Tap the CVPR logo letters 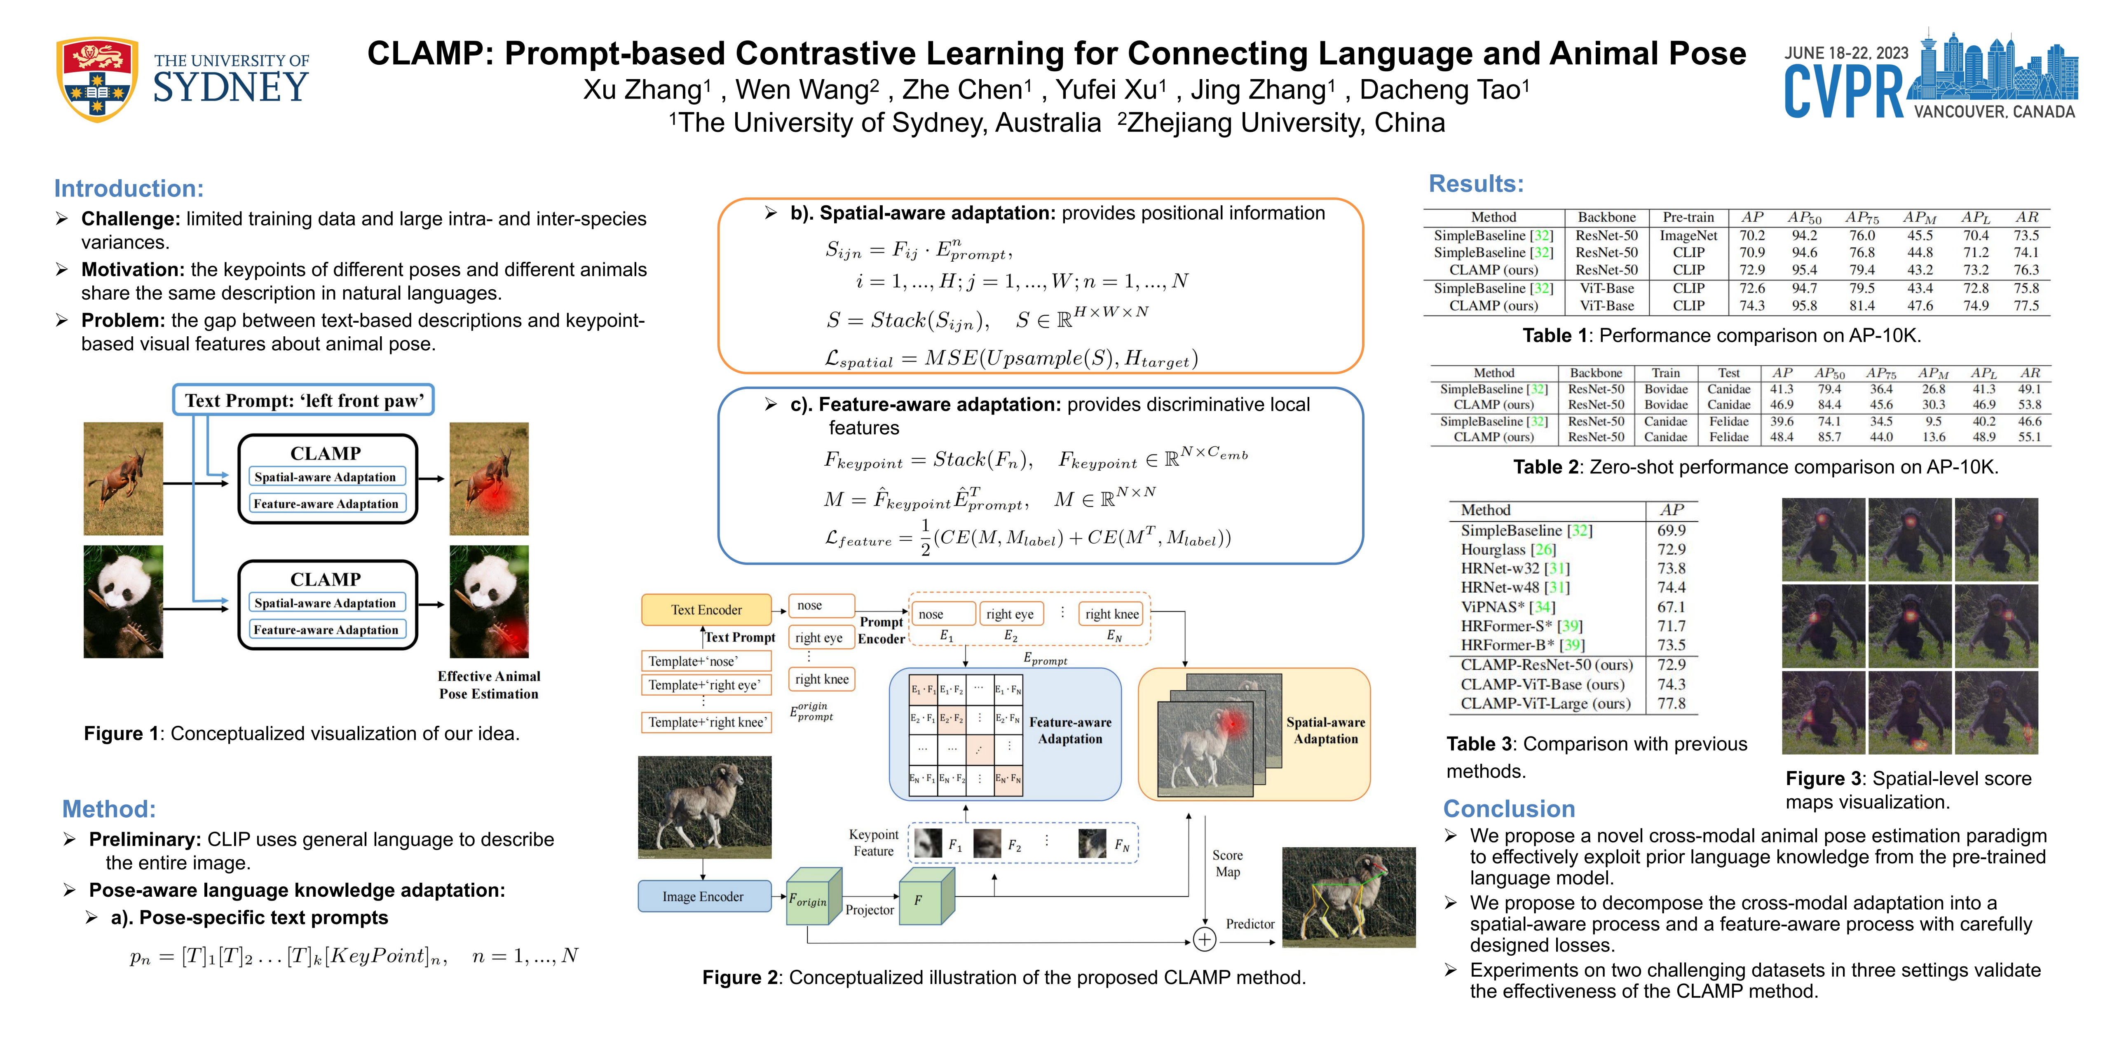[x=1843, y=92]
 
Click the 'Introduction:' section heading [x=129, y=188]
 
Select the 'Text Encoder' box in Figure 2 [x=706, y=610]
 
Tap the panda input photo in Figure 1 [x=123, y=602]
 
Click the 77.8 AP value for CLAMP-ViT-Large [x=1671, y=703]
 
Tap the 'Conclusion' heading [x=1509, y=809]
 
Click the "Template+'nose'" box [x=704, y=661]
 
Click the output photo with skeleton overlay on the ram [x=1348, y=897]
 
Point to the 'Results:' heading [x=1476, y=183]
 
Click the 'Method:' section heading [x=109, y=809]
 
